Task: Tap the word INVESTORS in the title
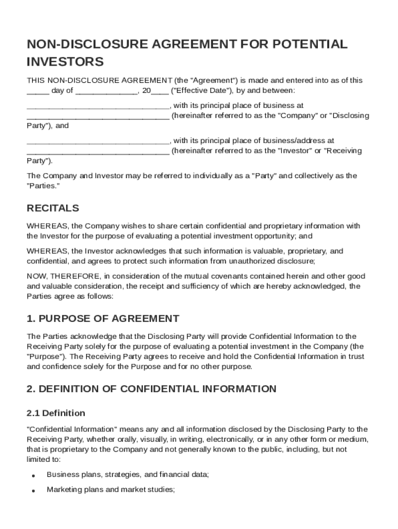tap(65, 62)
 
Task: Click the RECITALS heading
tap(53, 208)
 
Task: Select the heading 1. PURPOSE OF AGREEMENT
tap(103, 318)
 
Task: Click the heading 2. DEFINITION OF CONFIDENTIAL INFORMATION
tap(151, 388)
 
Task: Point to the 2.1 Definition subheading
tap(56, 413)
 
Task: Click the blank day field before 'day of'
tap(38, 91)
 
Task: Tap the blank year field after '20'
tap(160, 91)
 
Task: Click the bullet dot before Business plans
tap(33, 475)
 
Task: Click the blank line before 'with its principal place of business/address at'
tap(98, 141)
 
